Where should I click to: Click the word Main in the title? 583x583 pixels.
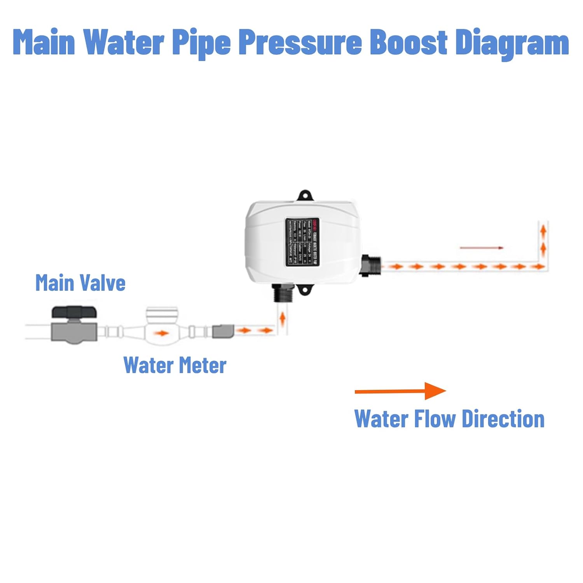coord(44,42)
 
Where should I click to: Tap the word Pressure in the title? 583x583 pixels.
coord(300,42)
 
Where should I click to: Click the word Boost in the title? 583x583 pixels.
coord(408,42)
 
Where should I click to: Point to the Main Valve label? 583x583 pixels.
coord(80,283)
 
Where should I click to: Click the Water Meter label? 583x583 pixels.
coord(175,365)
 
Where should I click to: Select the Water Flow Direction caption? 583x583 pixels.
coord(449,419)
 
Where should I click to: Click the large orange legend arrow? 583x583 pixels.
coord(400,391)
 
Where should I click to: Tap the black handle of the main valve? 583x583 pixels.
coord(74,312)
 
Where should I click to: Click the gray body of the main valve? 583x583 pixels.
coord(74,332)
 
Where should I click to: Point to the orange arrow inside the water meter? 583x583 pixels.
coord(162,333)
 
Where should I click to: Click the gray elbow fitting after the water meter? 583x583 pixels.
coord(223,331)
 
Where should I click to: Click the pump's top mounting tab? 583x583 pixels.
coord(305,195)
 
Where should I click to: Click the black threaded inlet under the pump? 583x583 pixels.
coord(282,293)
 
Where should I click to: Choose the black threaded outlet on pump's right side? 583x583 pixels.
coord(370,266)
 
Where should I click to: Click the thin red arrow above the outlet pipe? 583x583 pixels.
coord(482,248)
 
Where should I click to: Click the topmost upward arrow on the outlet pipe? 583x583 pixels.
coord(543,231)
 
